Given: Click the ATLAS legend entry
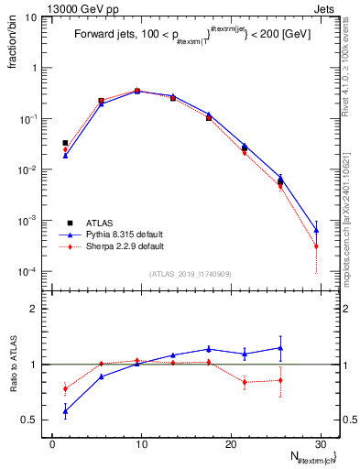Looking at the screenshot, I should point(99,223).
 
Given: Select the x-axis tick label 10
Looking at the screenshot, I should point(141,442).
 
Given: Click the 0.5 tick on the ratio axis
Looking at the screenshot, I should point(30,420).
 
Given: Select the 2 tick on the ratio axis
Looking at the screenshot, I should point(34,309).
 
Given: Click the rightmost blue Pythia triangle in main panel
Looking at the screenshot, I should point(316,230).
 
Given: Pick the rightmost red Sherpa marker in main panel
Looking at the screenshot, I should point(316,246).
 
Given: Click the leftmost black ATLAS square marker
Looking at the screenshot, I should point(65,143).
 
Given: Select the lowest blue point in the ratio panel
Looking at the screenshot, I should point(65,410).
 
